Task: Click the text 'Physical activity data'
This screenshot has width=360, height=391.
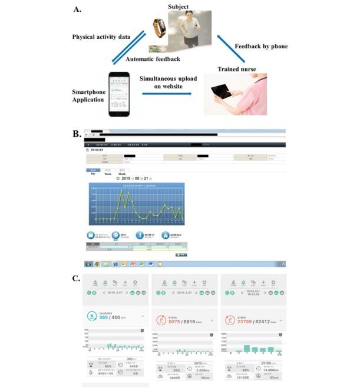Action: (101, 37)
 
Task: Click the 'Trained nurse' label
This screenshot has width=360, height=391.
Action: (237, 68)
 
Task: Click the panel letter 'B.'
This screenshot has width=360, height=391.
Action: (76, 134)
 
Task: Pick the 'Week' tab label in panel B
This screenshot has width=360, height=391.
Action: (108, 174)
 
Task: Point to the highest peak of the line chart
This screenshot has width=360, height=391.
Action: (121, 191)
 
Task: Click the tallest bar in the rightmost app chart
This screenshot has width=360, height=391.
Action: (245, 349)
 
